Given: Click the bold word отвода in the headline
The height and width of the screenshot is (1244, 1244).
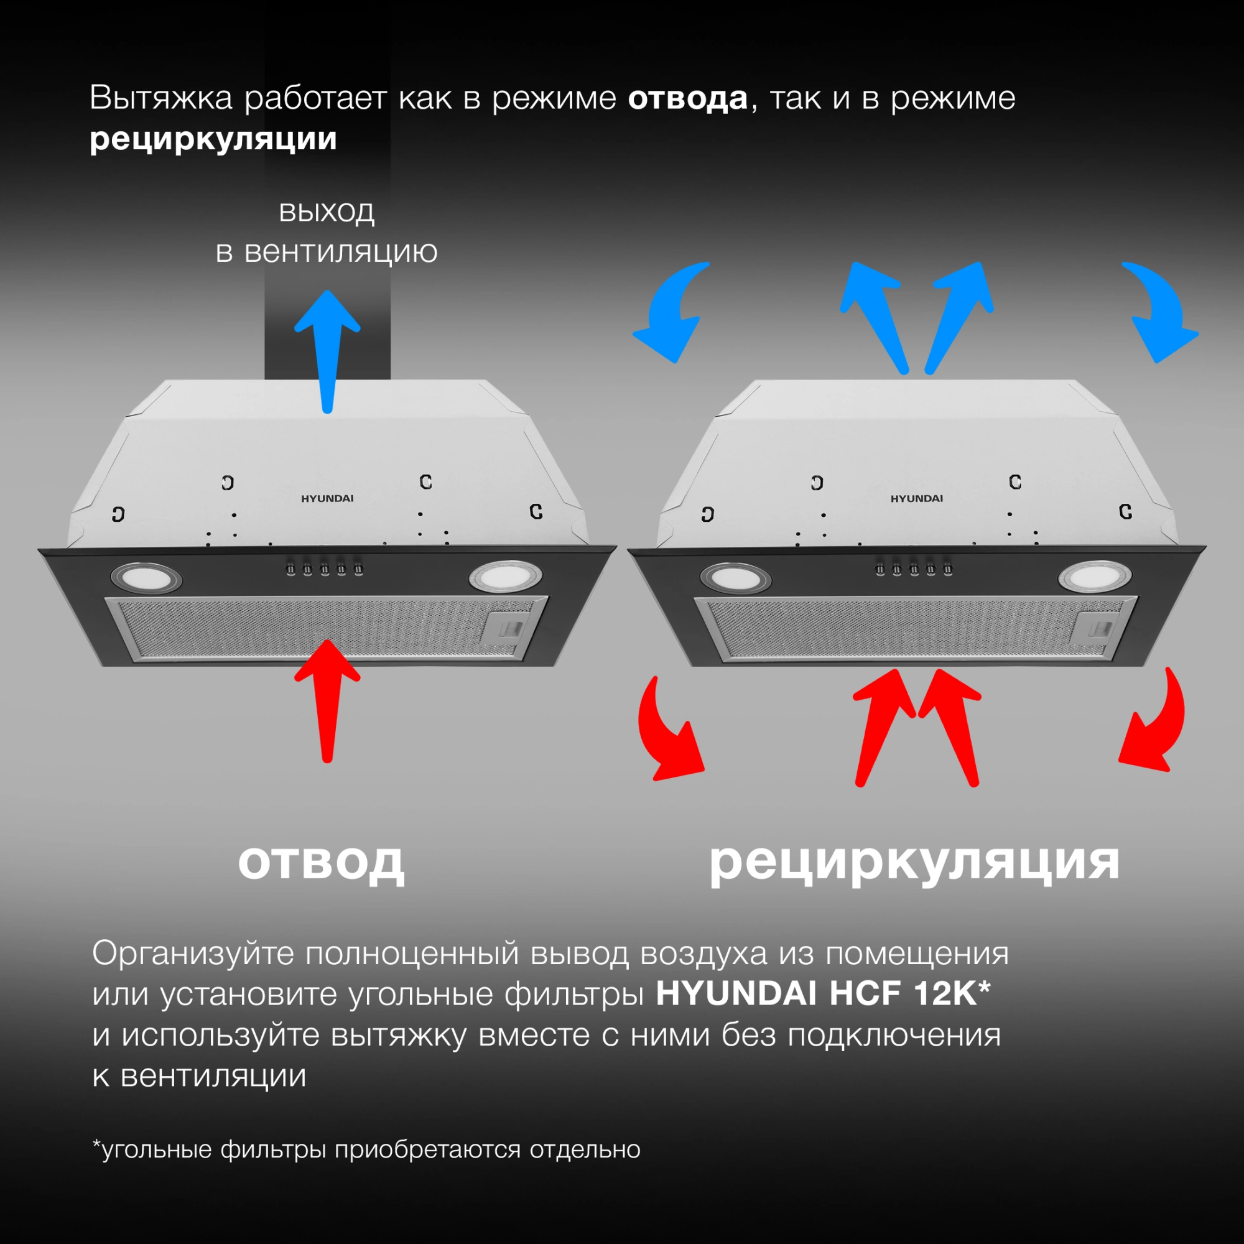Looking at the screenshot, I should click(687, 98).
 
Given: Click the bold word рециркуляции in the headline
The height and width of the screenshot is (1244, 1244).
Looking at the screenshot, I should click(213, 139).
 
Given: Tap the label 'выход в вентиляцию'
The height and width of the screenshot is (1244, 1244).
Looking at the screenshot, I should click(327, 231).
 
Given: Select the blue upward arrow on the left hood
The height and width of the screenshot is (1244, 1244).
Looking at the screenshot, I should click(327, 348).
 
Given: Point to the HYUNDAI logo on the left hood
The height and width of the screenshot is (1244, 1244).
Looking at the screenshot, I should click(327, 498).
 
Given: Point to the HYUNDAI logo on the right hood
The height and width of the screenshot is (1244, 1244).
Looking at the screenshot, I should click(916, 498).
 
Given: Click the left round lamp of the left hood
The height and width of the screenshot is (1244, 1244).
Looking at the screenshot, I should click(147, 577).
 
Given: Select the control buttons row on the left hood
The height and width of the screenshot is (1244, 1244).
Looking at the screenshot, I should click(325, 569).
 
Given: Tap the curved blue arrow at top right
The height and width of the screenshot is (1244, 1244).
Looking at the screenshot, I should click(1159, 309).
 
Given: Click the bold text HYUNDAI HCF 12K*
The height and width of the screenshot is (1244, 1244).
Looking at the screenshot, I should click(822, 993).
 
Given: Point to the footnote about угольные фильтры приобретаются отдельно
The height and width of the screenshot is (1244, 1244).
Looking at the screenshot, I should click(366, 1149).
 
